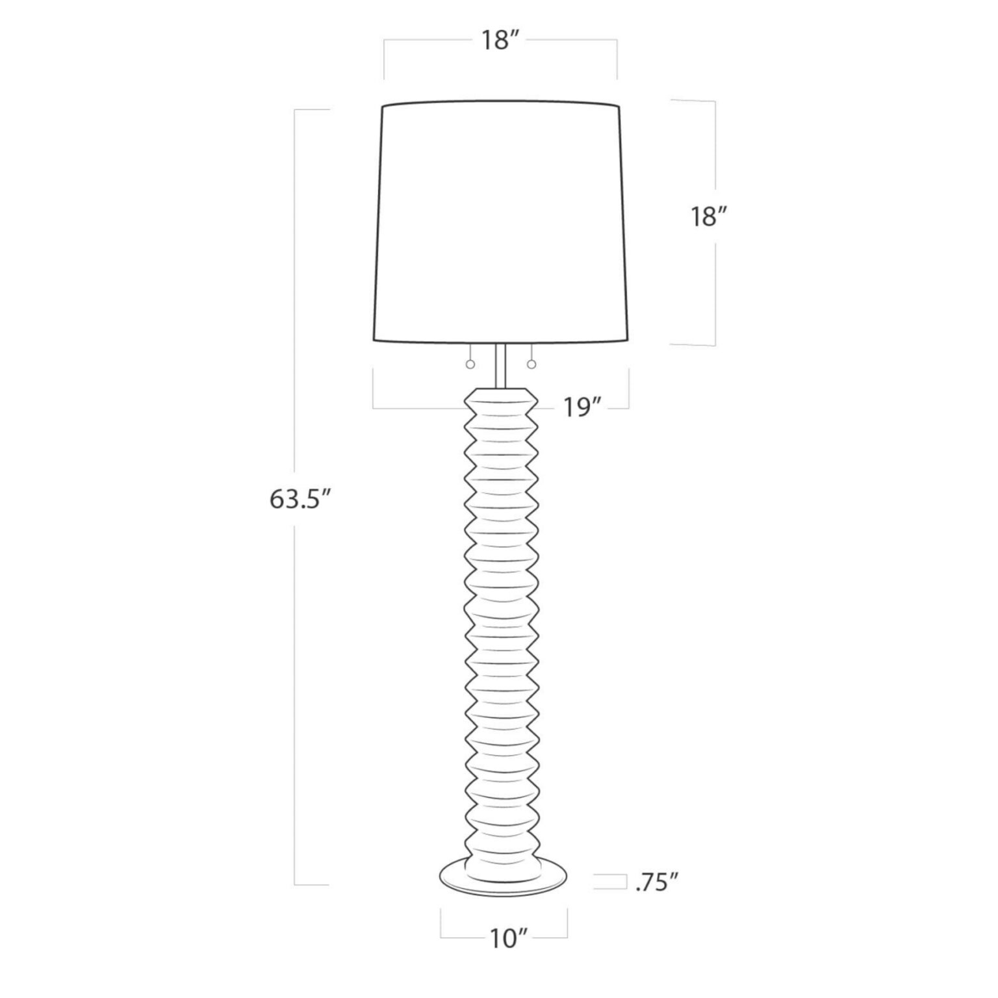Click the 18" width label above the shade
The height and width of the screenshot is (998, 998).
point(499,40)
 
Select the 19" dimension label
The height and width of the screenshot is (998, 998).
point(580,408)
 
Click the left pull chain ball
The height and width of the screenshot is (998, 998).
point(470,365)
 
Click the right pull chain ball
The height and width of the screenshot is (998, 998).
point(532,365)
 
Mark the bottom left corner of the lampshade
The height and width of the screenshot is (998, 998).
point(374,339)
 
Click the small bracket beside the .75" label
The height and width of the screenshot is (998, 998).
point(608,882)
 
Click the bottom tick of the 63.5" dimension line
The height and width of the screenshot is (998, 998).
point(312,884)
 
